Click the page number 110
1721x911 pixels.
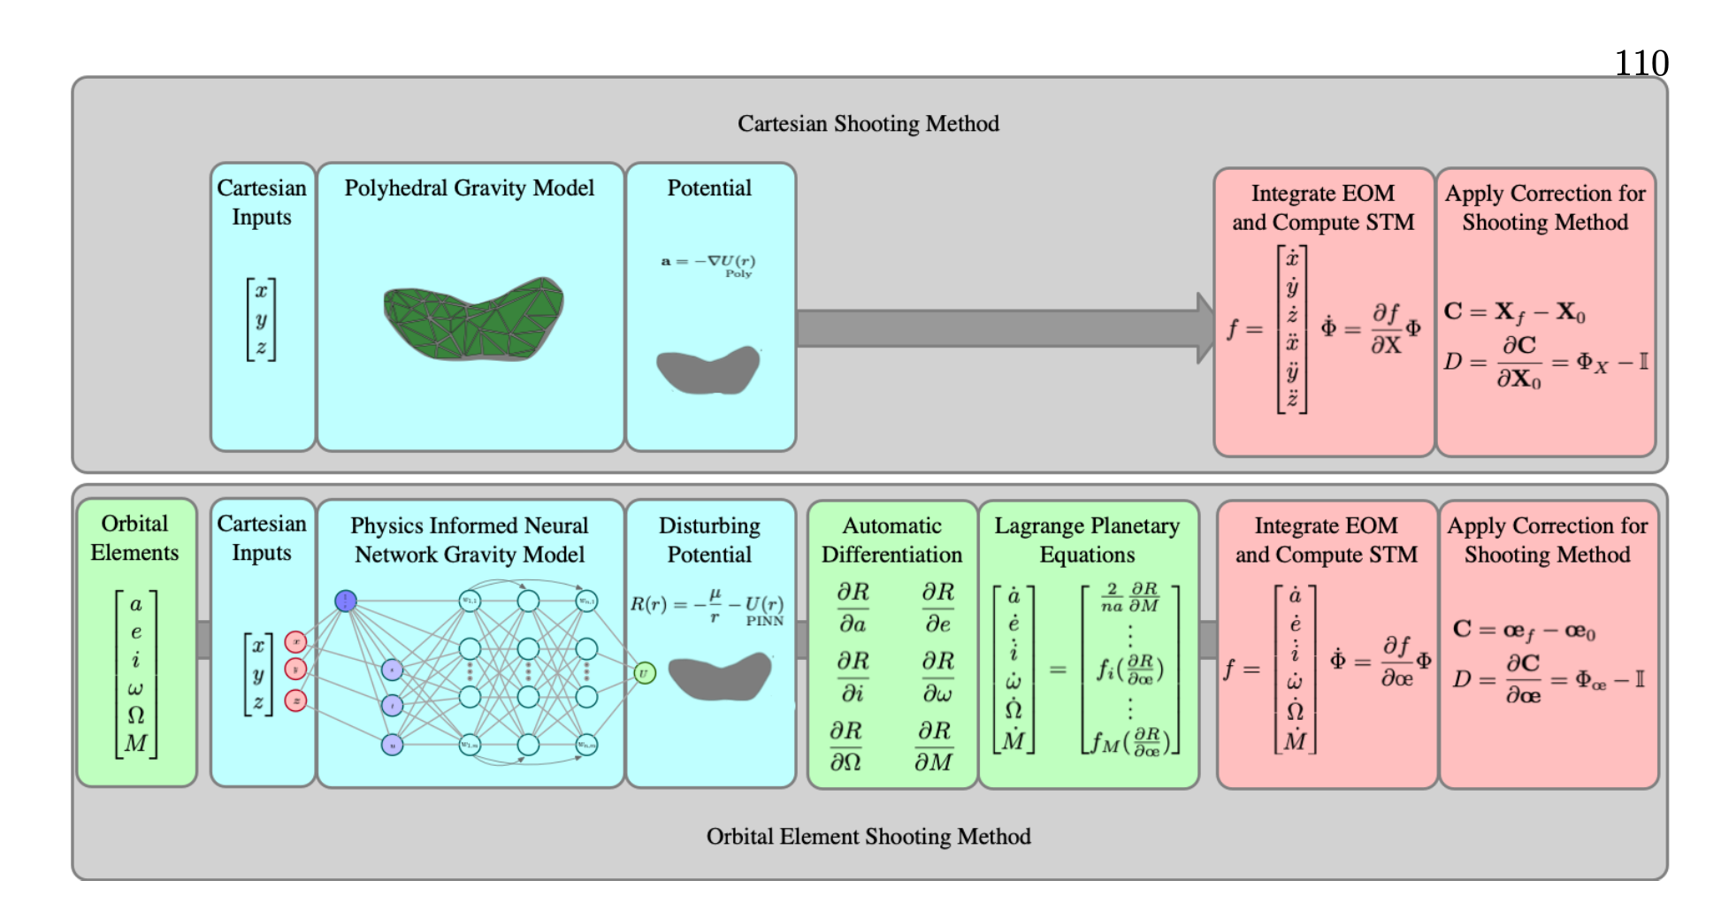click(x=1641, y=63)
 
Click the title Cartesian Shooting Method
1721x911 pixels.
click(x=868, y=124)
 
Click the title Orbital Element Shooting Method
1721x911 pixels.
click(x=868, y=837)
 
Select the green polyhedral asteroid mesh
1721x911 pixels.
click(x=473, y=318)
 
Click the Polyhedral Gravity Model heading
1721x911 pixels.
click(x=469, y=188)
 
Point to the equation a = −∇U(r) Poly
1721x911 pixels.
click(x=708, y=264)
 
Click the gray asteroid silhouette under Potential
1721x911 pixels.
click(x=708, y=370)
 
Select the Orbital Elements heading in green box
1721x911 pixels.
click(x=134, y=538)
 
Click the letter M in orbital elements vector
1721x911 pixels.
click(x=135, y=743)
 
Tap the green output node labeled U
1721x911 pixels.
click(x=645, y=674)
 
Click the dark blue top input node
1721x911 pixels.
click(x=346, y=601)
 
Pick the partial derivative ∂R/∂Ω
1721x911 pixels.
click(x=845, y=746)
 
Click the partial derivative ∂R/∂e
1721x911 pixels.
click(x=937, y=608)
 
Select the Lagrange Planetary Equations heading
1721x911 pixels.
click(x=1087, y=540)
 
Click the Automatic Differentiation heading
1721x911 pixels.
click(x=891, y=540)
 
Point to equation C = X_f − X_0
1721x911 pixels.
click(x=1514, y=312)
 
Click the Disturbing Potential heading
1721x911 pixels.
click(x=709, y=540)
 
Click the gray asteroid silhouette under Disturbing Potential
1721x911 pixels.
click(x=720, y=678)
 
